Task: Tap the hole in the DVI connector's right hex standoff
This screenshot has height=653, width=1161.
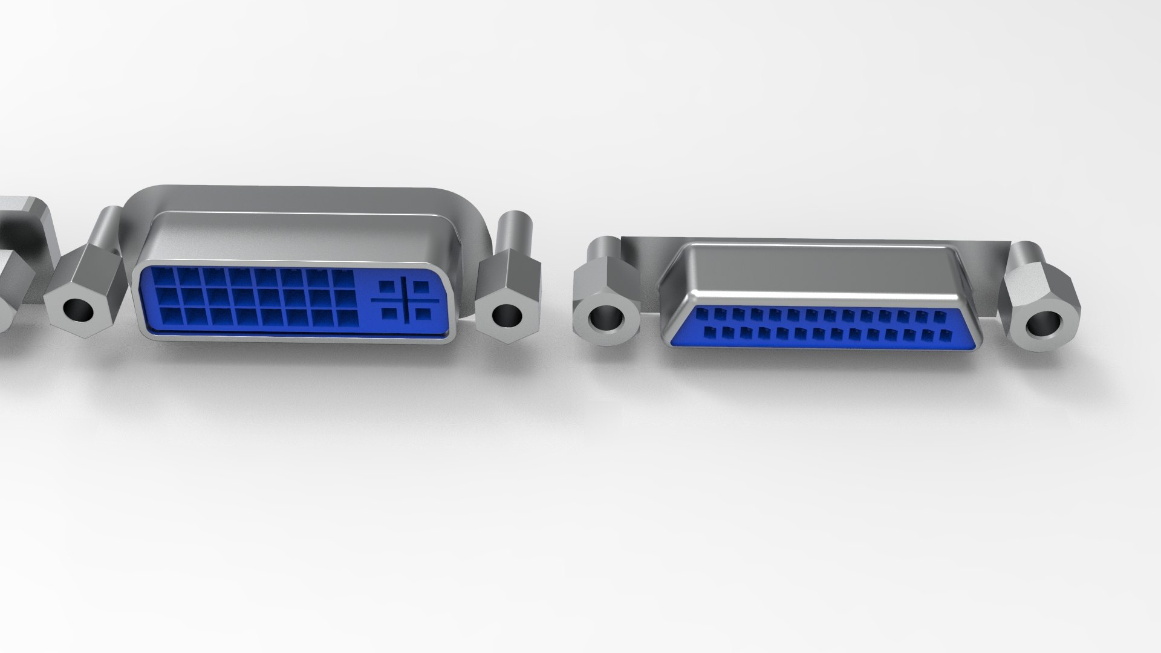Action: [507, 315]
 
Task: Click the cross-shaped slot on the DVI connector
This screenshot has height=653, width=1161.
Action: [405, 299]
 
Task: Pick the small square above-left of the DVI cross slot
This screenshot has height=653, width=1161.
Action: [386, 285]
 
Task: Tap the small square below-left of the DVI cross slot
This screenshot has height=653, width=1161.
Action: [387, 313]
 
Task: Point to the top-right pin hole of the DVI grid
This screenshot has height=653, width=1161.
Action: [344, 279]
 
